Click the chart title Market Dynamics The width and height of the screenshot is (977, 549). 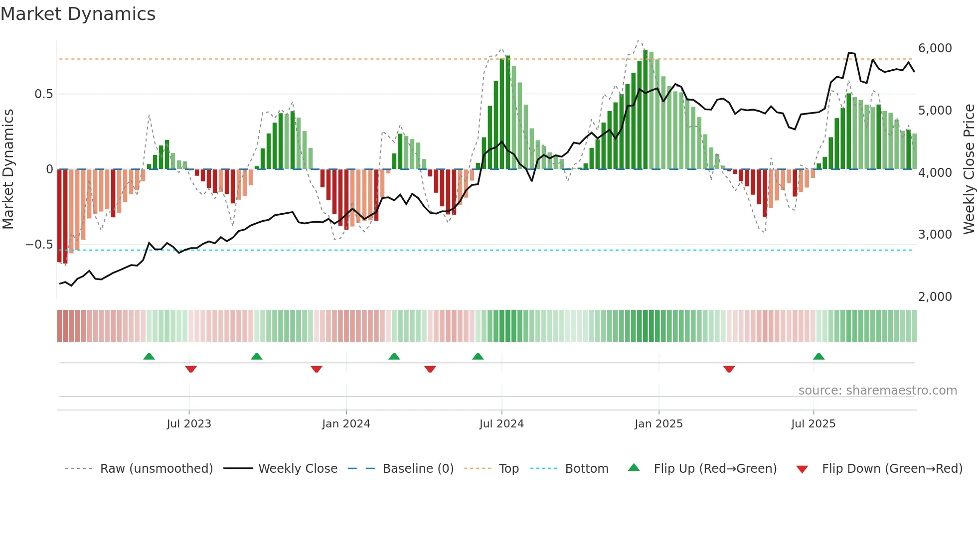(x=78, y=14)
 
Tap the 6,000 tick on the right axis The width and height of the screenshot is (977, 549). (x=935, y=48)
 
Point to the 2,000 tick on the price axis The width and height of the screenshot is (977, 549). (x=935, y=297)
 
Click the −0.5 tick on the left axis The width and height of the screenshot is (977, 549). (x=39, y=245)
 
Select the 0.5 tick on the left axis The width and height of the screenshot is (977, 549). (x=43, y=94)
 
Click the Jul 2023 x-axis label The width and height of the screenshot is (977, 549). (x=189, y=424)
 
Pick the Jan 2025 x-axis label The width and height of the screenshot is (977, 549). (x=658, y=424)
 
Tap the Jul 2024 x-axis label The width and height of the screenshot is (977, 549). (x=501, y=424)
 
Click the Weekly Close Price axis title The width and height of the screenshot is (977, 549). (x=969, y=169)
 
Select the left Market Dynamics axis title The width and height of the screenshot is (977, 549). (x=8, y=169)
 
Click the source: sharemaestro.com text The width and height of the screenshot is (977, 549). (x=877, y=391)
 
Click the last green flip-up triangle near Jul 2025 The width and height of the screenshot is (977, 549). (x=818, y=356)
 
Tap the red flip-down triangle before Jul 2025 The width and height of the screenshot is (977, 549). (x=729, y=369)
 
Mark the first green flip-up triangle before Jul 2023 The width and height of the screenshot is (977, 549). (x=149, y=356)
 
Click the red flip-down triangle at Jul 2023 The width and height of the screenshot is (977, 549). (x=190, y=369)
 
